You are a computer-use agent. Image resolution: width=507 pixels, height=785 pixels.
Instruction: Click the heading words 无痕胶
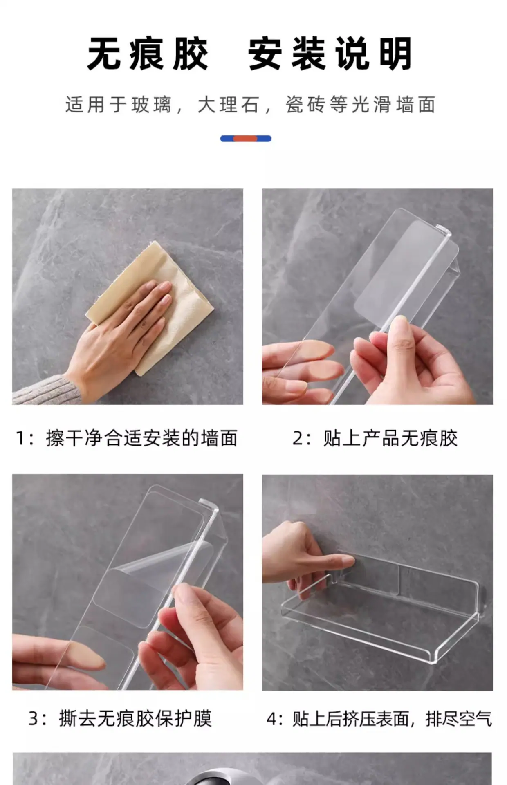point(148,54)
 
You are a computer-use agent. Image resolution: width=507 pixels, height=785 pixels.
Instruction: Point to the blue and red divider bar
point(246,139)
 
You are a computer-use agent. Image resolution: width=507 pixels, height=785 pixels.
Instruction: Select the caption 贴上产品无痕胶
point(390,438)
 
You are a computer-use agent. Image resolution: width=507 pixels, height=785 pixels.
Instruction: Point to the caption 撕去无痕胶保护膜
point(136,719)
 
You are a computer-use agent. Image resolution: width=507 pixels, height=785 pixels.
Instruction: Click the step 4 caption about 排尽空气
point(392,719)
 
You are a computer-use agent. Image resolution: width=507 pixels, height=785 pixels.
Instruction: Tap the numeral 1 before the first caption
point(20,438)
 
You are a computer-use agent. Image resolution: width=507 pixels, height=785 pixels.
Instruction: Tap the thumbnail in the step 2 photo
point(399,327)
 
